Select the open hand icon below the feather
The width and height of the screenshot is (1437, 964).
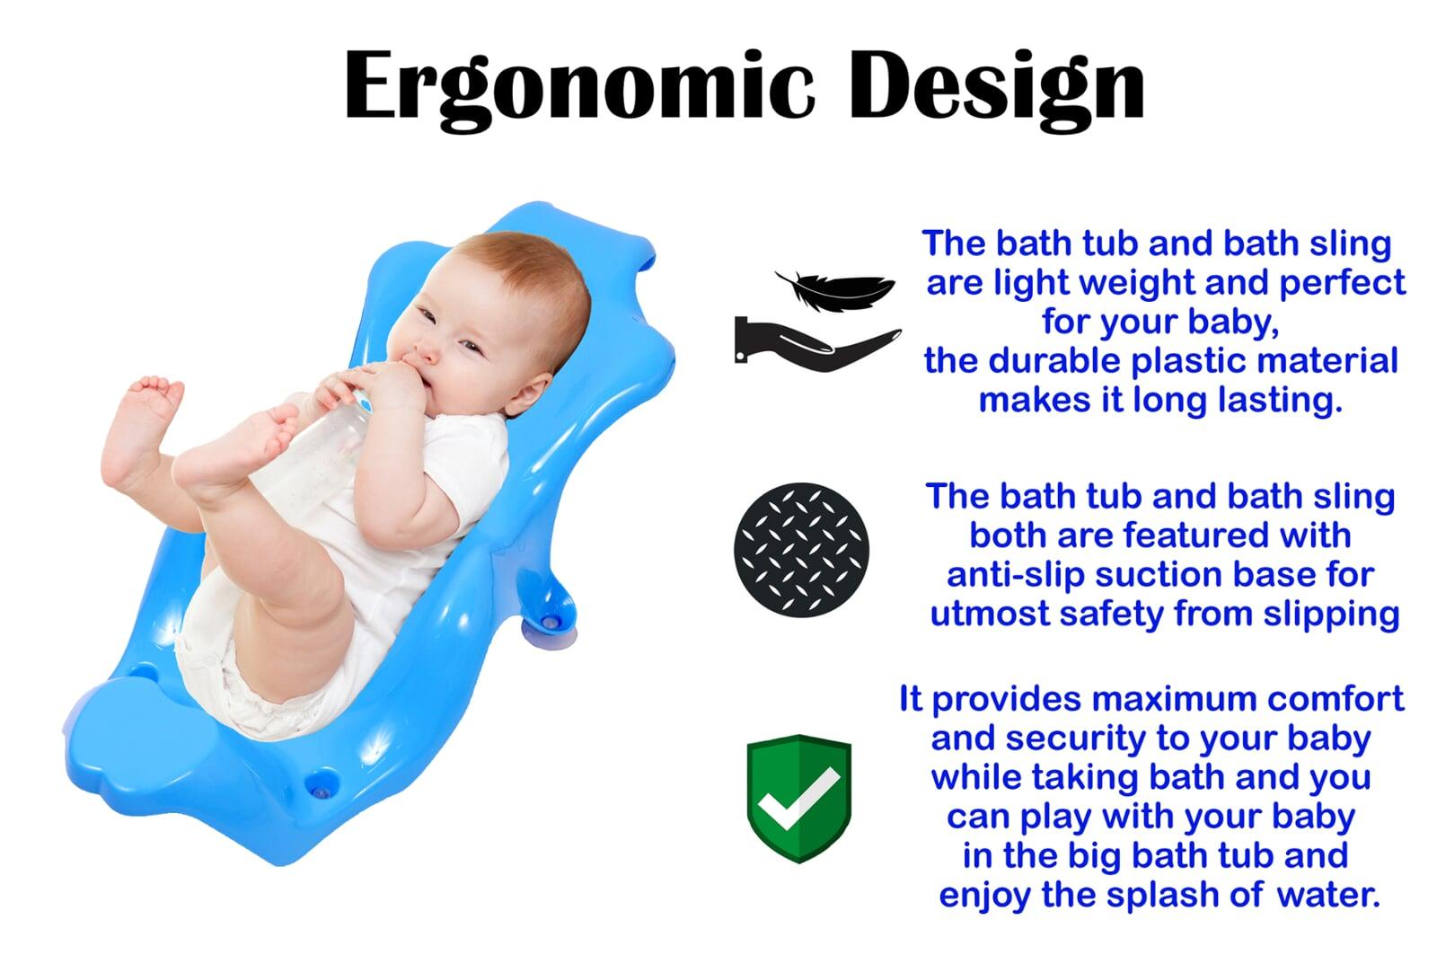[x=816, y=345]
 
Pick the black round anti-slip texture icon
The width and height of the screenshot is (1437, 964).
[x=801, y=550]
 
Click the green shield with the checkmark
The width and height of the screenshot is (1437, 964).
[x=799, y=799]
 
